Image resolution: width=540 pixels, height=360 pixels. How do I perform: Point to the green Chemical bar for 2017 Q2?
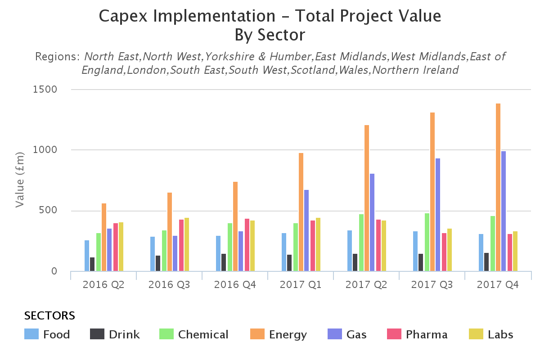361,243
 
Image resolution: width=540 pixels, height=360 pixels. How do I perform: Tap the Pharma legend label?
426,335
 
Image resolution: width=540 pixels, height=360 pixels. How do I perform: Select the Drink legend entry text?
124,335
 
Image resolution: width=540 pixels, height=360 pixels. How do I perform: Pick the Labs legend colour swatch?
476,334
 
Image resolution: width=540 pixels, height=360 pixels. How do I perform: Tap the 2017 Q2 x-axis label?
366,285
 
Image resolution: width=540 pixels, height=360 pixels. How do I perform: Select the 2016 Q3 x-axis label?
169,285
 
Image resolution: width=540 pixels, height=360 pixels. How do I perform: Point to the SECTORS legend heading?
49,315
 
